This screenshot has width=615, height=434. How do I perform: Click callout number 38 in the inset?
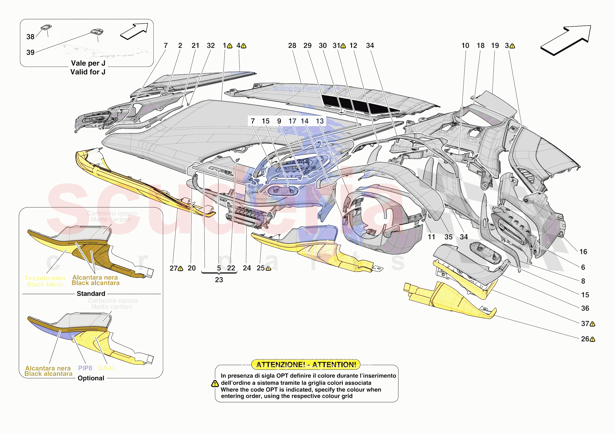point(30,37)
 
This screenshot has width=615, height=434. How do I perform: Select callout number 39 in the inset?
point(30,53)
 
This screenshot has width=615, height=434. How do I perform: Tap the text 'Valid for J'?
point(88,72)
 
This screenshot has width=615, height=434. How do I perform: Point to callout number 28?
point(292,46)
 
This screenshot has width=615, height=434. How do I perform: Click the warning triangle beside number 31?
point(343,46)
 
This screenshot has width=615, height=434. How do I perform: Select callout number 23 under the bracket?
point(219,280)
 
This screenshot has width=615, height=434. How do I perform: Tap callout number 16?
point(583,252)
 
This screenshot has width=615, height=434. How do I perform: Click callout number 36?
point(585,309)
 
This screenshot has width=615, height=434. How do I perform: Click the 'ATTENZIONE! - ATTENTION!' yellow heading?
point(306,365)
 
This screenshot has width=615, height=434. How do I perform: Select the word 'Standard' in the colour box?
point(91,294)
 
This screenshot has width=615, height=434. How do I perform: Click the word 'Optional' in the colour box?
point(91,378)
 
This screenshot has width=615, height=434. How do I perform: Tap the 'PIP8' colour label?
point(85,368)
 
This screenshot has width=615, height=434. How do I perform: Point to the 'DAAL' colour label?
point(107,368)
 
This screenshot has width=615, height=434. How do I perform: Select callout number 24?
point(247,268)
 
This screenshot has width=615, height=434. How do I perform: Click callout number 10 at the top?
point(465,46)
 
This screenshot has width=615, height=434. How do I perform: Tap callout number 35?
point(448,237)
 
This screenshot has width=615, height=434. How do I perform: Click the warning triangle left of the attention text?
point(215,384)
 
